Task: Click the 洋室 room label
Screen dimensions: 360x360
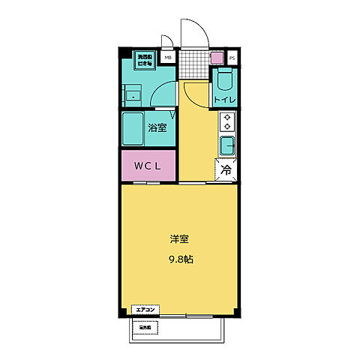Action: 178,240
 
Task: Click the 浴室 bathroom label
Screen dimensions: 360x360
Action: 157,127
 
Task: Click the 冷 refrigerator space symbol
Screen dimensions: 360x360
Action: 225,170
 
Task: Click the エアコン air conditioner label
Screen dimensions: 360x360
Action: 145,309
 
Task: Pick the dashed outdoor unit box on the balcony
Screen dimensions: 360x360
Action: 145,328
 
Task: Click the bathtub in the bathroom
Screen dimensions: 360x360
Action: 135,127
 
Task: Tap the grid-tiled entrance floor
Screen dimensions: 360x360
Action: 193,63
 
